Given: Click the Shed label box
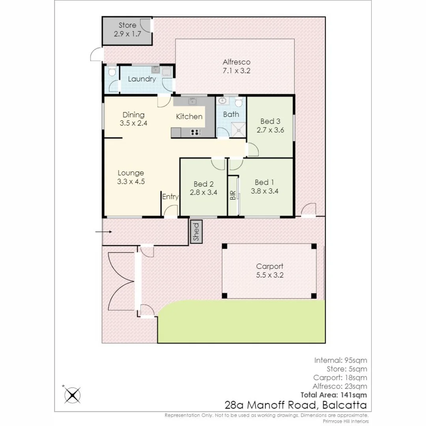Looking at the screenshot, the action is (x=196, y=232).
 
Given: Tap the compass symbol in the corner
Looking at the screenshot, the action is (x=72, y=394).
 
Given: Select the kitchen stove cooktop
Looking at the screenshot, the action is (x=195, y=133).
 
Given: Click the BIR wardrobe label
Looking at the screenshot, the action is (x=233, y=195).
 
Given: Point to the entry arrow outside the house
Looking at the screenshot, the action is (x=103, y=232).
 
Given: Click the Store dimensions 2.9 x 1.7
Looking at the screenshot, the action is (x=127, y=34).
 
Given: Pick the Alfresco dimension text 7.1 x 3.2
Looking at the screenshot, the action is (x=236, y=71).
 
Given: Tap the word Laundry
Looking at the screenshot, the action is (x=142, y=79).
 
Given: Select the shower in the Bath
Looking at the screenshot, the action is (x=239, y=130).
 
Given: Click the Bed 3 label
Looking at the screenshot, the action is (x=270, y=121).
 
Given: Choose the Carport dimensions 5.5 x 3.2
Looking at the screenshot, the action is (x=269, y=275).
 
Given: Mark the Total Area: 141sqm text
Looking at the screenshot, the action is (x=334, y=395).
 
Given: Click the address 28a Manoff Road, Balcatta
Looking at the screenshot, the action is (x=295, y=405).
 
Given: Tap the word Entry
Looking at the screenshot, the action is (x=170, y=197).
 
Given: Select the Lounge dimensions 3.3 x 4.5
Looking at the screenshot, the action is (x=131, y=181).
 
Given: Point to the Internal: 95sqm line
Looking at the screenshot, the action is (x=340, y=360).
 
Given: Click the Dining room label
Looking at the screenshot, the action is (x=133, y=115).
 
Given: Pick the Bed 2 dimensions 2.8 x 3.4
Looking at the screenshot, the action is (x=204, y=192).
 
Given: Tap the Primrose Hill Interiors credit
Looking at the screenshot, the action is (x=346, y=421).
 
